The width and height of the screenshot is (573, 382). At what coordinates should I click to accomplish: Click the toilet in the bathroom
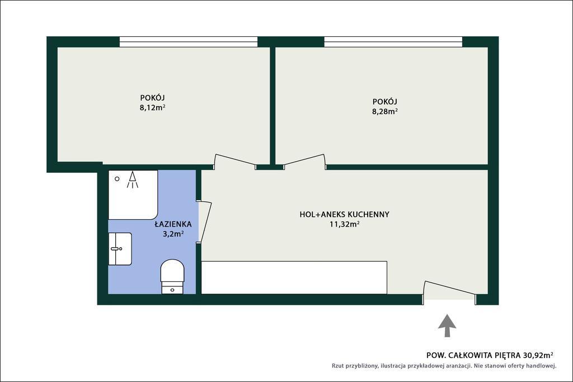172,276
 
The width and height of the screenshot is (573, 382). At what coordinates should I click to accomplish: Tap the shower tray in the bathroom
133,195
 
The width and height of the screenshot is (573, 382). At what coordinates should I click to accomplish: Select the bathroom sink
120,249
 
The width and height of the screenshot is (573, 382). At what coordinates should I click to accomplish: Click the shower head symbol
132,180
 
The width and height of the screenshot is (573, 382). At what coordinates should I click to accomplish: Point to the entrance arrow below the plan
447,326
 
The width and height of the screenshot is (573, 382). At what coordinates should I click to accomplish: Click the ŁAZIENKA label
173,224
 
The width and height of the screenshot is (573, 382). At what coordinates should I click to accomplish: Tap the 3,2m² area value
173,234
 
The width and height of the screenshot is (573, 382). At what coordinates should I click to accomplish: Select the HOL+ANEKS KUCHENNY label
344,214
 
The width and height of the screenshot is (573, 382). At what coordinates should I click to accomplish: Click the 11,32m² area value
344,224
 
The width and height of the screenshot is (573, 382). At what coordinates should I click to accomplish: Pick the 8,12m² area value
152,108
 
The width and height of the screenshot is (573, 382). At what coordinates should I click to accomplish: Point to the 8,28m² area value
385,111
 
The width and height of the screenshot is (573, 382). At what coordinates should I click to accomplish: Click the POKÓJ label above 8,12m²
152,98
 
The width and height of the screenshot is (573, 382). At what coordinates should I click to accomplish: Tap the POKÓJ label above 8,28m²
385,102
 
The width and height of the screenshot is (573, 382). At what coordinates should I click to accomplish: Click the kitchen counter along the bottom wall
294,277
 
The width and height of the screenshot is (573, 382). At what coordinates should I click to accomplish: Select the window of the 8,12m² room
189,41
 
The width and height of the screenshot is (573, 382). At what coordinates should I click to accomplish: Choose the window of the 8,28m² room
393,41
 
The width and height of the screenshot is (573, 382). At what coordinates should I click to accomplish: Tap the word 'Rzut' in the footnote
338,366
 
